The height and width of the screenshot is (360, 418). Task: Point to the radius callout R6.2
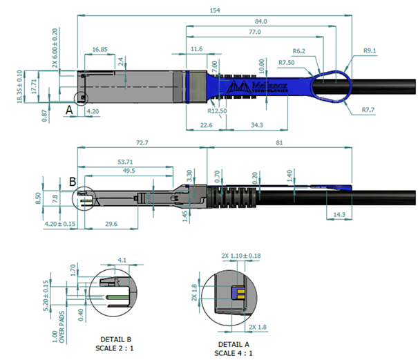point(299,51)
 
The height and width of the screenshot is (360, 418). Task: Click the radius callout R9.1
point(370,50)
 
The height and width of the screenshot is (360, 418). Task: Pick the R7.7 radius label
point(369,110)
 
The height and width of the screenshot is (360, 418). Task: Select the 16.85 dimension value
point(99,50)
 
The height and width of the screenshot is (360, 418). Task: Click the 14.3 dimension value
point(340,215)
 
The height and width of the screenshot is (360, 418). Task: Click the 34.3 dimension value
point(257,124)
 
